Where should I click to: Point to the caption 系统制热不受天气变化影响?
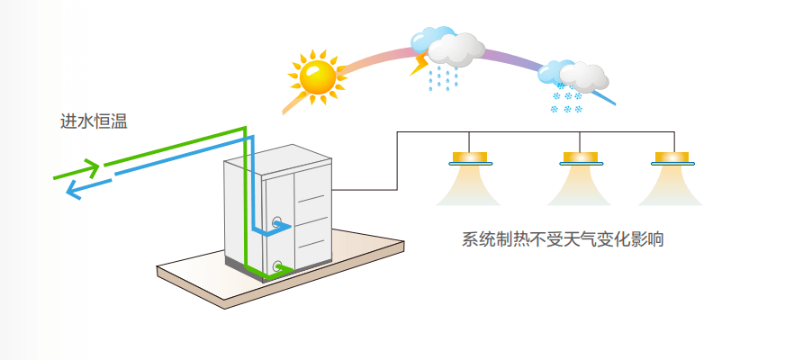[562, 240]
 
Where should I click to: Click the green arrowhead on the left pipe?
[90, 167]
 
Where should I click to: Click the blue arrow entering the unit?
[278, 228]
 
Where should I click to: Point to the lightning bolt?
[419, 65]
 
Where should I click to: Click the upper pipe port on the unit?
[276, 220]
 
